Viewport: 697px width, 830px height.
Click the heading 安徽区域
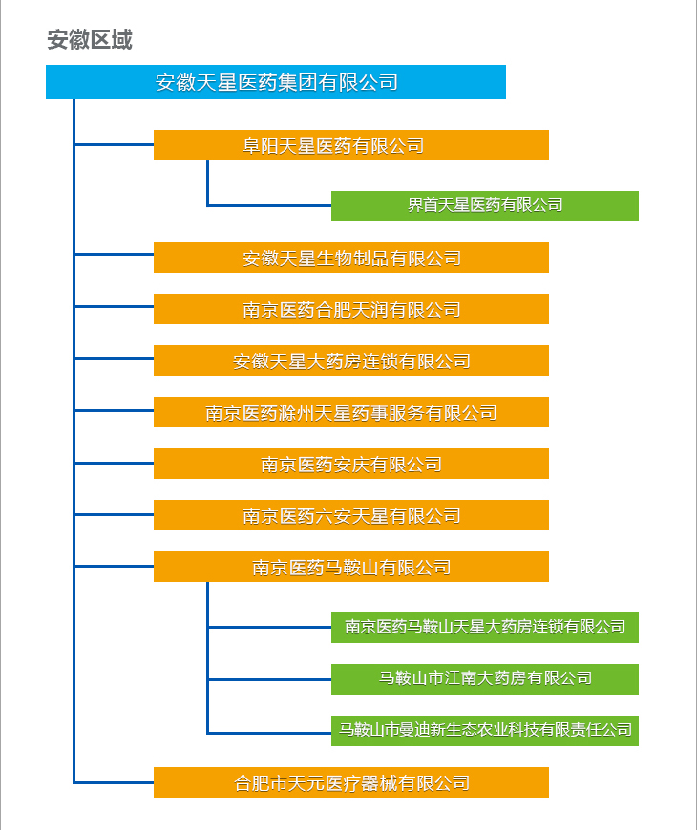[x=90, y=39]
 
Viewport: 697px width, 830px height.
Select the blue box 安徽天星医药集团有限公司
[x=276, y=82]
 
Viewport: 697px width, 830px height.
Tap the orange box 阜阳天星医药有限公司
[x=350, y=145]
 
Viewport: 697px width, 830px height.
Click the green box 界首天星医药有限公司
[x=484, y=205]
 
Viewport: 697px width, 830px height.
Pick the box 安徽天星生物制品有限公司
[x=350, y=258]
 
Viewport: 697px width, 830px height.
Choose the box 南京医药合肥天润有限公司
[x=350, y=309]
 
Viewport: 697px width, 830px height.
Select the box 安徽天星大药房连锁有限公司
[x=350, y=361]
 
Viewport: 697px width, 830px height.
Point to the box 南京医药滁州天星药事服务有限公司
[x=350, y=412]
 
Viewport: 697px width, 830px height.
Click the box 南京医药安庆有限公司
[x=350, y=464]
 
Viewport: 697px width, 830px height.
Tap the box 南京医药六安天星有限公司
[x=350, y=515]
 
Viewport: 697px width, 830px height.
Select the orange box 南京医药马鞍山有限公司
[x=350, y=567]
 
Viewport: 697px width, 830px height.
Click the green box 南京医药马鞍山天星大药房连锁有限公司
[x=484, y=627]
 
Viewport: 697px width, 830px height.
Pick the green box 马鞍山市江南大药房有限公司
[x=484, y=678]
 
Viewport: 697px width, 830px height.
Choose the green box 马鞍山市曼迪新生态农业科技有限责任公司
[x=484, y=730]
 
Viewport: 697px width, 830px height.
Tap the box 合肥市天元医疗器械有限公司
[x=350, y=782]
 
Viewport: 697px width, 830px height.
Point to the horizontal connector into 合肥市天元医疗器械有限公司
[x=114, y=782]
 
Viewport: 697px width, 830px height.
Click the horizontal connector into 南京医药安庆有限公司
[x=114, y=464]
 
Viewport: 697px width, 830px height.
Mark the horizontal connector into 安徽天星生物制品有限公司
[x=114, y=254]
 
